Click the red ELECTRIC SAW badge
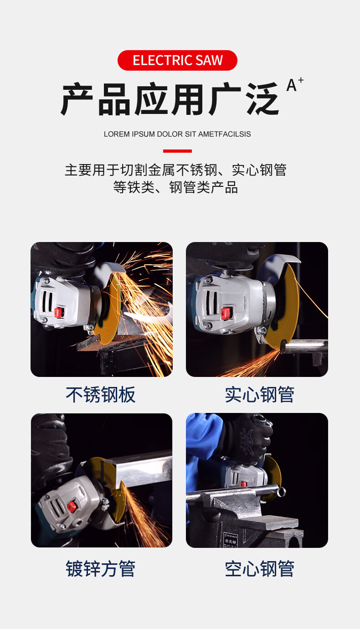177,60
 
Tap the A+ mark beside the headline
295,84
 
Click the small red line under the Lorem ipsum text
177,151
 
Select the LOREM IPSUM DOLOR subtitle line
177,134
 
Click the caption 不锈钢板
101,395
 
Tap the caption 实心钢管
259,395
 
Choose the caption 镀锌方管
101,569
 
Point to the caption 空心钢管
259,569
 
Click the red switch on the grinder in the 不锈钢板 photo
59,312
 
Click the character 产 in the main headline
77,99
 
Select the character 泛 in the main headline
262,99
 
